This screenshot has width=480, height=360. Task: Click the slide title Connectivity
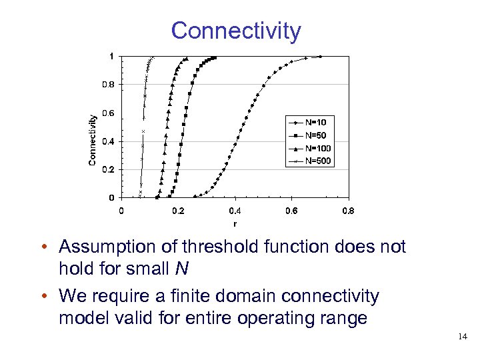tap(235, 31)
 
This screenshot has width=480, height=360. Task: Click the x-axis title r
tap(235, 224)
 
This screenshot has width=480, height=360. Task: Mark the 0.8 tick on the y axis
tap(108, 85)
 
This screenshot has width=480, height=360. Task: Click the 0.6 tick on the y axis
tap(108, 113)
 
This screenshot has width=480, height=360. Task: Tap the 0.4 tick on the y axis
tap(108, 141)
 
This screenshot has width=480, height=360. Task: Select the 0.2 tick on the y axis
tap(108, 169)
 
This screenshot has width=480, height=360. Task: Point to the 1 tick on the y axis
tap(111, 56)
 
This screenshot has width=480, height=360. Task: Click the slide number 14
tap(463, 337)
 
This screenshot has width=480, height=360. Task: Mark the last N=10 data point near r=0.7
tap(320, 57)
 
